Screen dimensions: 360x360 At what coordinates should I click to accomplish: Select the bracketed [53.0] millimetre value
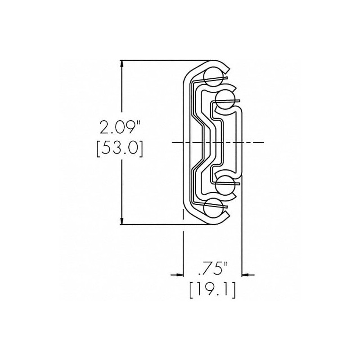(120, 148)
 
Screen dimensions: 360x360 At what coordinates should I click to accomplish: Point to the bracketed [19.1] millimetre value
(212, 290)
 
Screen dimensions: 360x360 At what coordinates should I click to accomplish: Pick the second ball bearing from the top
(225, 99)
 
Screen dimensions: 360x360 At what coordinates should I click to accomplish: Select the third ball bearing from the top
(225, 184)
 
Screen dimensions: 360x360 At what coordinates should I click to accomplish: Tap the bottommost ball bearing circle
(213, 207)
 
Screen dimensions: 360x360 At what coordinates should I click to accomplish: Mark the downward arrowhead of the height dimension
(121, 221)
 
